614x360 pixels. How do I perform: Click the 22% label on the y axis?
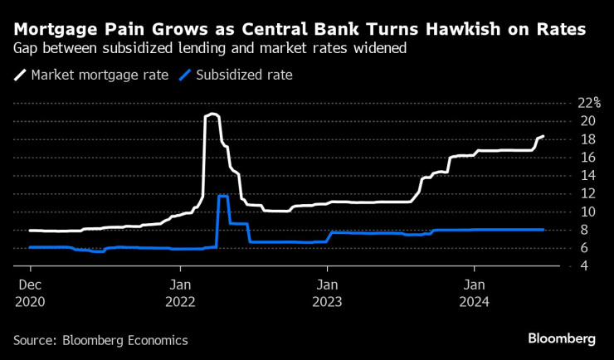click(588, 103)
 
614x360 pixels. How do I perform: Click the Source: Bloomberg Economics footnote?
click(100, 340)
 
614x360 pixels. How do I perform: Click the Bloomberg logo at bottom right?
click(562, 338)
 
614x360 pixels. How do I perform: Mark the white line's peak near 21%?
click(212, 114)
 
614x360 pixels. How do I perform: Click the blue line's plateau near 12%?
click(223, 196)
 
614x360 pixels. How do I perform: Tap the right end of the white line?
click(543, 136)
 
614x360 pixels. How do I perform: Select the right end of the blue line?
click(543, 230)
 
